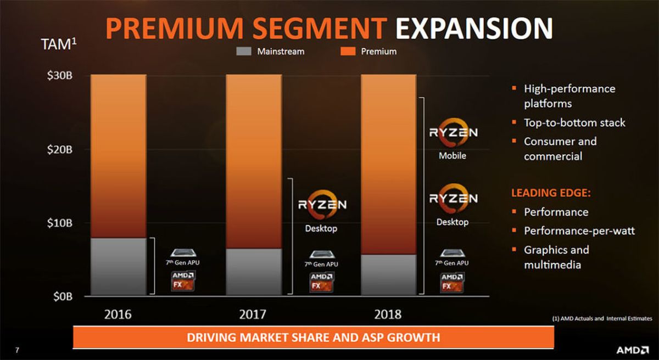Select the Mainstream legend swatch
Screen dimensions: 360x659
point(244,52)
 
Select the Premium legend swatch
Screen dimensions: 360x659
point(350,52)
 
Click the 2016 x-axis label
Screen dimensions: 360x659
point(119,314)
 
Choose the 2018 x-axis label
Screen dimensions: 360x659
point(388,314)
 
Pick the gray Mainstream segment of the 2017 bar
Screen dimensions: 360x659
point(254,272)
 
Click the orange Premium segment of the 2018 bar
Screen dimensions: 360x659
point(388,165)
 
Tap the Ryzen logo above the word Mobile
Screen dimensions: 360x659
point(453,132)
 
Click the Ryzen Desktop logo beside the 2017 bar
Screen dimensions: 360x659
point(322,205)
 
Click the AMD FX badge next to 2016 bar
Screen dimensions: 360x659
point(182,280)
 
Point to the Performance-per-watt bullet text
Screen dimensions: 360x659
point(579,231)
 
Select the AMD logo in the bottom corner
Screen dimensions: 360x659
point(633,350)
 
